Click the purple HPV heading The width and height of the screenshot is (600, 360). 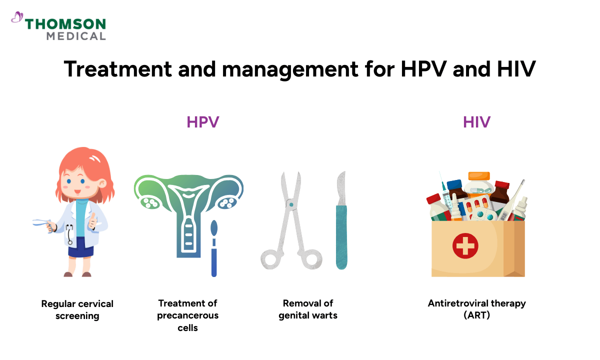point(203,122)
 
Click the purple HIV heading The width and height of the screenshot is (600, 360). point(476,122)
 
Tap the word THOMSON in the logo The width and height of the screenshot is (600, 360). point(65,24)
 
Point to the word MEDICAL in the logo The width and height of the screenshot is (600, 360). point(76,36)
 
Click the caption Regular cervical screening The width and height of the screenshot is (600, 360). point(77,309)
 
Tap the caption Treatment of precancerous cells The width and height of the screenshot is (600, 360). point(188,315)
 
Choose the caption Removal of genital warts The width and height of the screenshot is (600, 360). point(308,309)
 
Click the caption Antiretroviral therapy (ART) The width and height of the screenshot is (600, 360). point(476,309)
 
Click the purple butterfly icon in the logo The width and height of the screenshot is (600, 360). point(17,18)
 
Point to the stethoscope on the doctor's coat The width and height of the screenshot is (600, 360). point(69,234)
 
